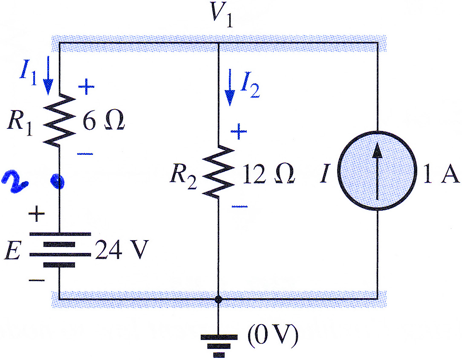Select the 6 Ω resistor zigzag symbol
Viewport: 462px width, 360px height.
(x=60, y=120)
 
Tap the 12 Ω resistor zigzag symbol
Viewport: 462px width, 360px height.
(x=218, y=171)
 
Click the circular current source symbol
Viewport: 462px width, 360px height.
(x=378, y=171)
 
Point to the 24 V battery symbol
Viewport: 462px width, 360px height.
(x=60, y=250)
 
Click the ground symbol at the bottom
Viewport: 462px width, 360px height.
(x=219, y=345)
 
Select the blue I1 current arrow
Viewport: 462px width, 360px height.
(x=48, y=75)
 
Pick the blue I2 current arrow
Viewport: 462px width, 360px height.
(x=230, y=87)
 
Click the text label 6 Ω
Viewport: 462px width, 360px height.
(x=104, y=121)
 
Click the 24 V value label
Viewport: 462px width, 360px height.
(x=121, y=250)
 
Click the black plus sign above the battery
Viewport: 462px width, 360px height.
(x=37, y=213)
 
